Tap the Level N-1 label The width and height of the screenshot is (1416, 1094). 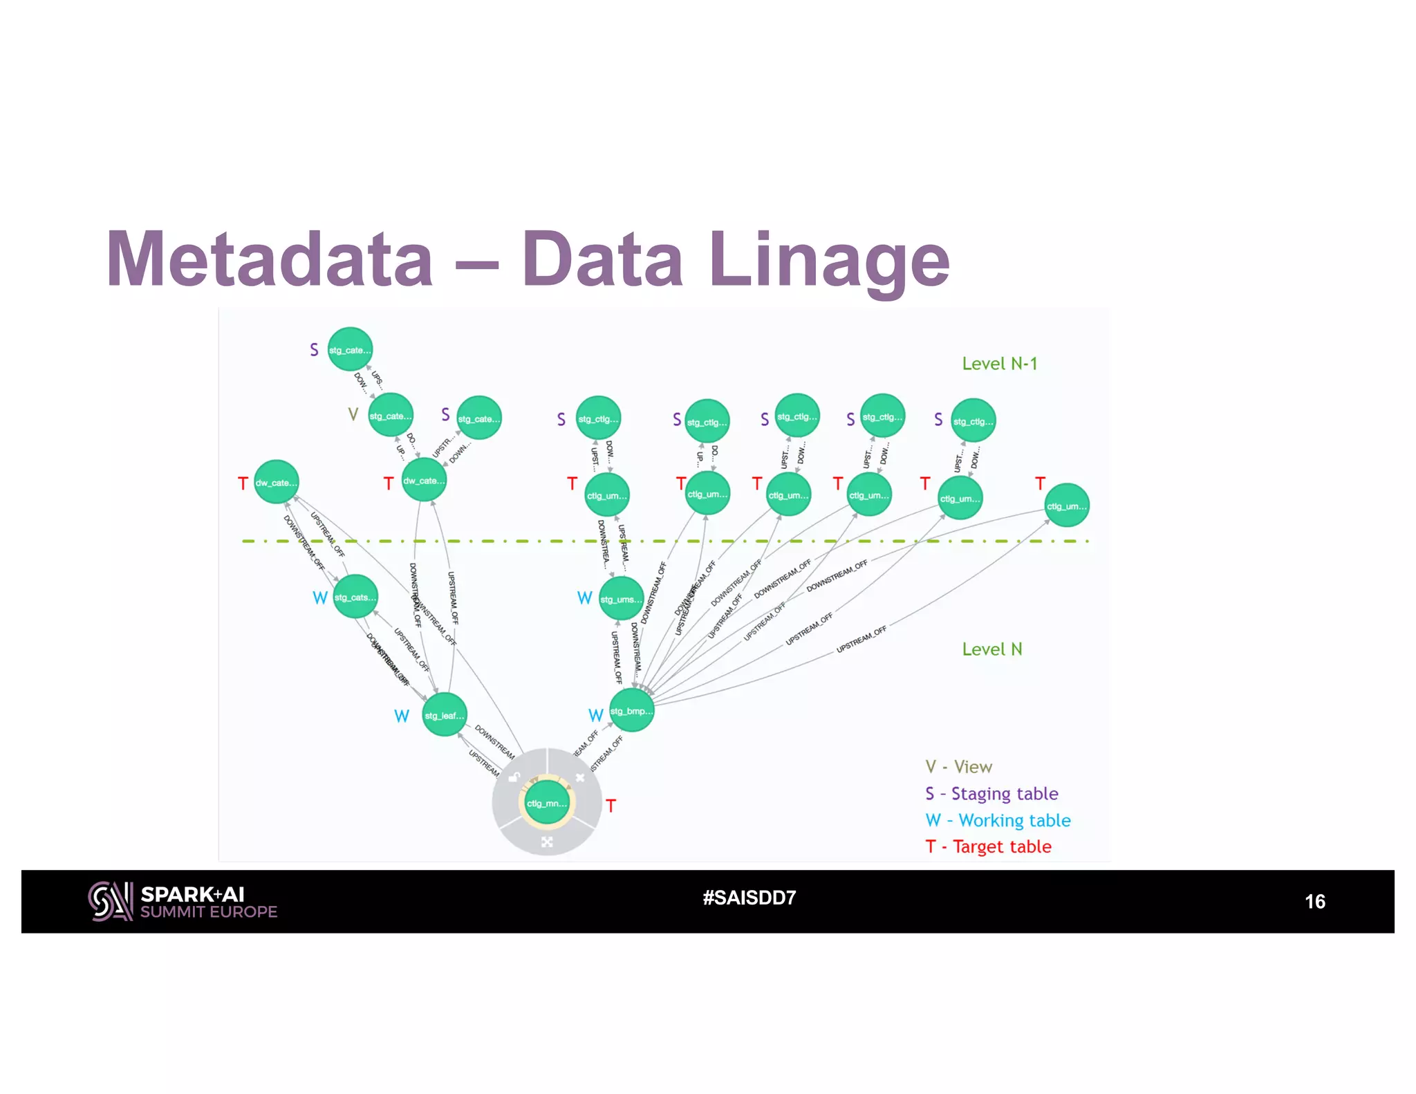(x=999, y=364)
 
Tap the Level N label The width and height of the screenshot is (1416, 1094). (x=991, y=649)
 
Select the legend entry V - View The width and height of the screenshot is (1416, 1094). (x=958, y=767)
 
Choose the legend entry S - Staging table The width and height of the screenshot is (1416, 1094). (x=991, y=794)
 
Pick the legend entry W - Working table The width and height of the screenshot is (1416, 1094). (x=998, y=821)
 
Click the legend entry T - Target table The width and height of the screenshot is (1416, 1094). (x=988, y=847)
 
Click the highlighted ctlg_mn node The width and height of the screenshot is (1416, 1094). (x=546, y=803)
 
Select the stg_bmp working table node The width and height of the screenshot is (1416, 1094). (x=631, y=711)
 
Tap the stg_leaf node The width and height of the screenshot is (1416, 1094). (x=444, y=715)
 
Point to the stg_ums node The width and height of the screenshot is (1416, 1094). (x=621, y=599)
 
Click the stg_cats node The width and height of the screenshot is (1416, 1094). (x=355, y=597)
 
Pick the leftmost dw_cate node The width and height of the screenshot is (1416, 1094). (x=276, y=482)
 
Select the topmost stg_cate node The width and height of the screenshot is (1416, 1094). (x=350, y=349)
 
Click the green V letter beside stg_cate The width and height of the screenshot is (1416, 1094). (x=353, y=414)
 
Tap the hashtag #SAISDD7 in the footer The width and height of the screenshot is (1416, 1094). (x=749, y=898)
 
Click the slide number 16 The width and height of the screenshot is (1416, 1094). (x=1314, y=902)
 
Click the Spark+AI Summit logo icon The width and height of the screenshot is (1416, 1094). (x=110, y=901)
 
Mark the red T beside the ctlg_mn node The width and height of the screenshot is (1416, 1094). (x=611, y=806)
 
